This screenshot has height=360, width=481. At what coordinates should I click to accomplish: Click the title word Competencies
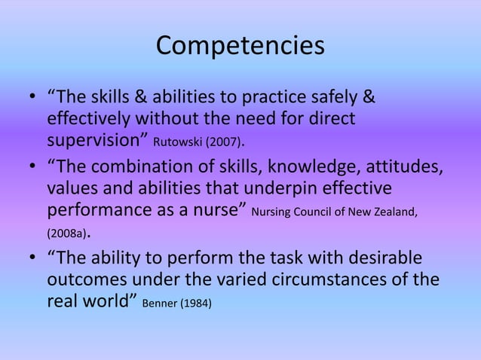click(240, 45)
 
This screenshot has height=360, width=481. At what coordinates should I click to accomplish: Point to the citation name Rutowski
click(176, 142)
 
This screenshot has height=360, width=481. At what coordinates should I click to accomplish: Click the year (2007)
click(221, 142)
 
